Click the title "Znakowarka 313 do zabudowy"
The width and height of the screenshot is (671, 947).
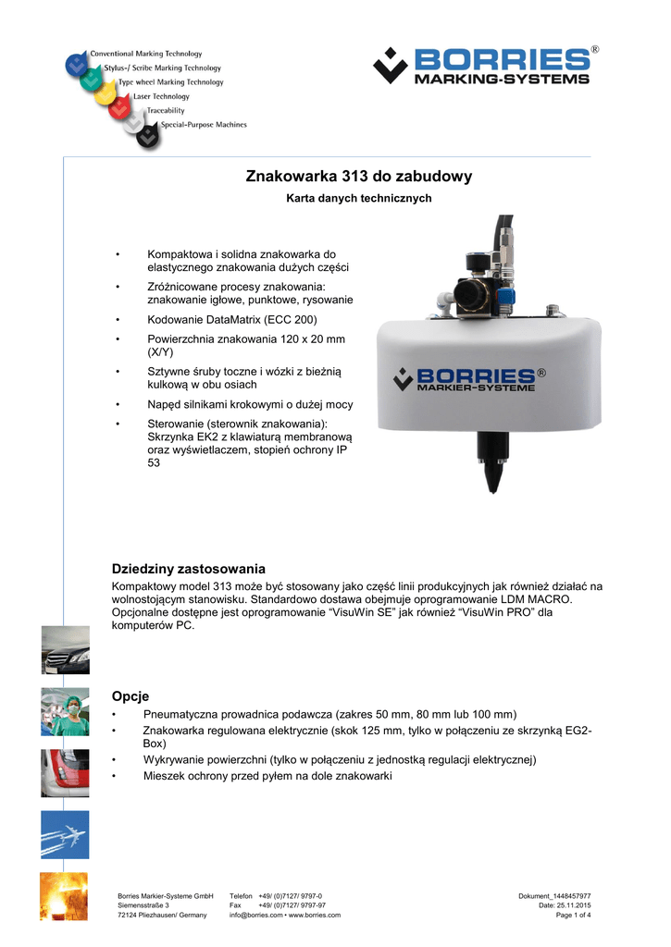click(359, 177)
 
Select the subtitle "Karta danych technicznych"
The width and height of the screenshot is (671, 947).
click(359, 199)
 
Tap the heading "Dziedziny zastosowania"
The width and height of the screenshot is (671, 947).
click(189, 568)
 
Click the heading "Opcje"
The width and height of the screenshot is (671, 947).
click(130, 695)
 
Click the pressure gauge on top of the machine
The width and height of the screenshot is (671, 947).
click(471, 293)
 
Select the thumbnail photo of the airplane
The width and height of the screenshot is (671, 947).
click(65, 834)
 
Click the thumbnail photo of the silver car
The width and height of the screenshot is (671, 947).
click(65, 649)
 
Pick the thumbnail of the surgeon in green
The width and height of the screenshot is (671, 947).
click(65, 711)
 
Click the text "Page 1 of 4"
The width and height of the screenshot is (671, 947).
click(573, 916)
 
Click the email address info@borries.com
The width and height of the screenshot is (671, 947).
click(255, 916)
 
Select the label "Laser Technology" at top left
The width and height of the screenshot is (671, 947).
click(161, 96)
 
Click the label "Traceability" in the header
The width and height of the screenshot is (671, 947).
click(166, 110)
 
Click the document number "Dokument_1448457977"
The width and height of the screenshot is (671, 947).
click(554, 895)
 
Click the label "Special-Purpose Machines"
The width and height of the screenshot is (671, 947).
click(204, 124)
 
